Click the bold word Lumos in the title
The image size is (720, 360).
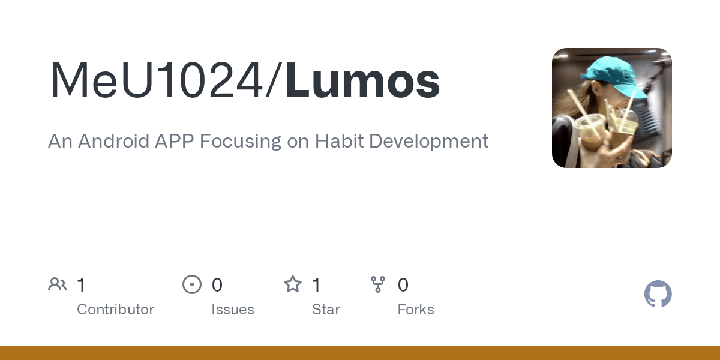(363, 81)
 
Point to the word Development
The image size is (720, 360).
(428, 141)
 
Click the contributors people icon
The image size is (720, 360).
(58, 284)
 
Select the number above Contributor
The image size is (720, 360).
(81, 285)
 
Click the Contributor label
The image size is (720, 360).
(115, 310)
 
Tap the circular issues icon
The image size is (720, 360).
(192, 284)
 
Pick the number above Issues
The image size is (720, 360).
(217, 285)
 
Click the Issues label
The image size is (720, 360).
(233, 310)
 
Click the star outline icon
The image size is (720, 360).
(293, 284)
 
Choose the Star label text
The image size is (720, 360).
(326, 310)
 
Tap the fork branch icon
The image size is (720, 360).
(378, 284)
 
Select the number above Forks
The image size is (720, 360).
(403, 285)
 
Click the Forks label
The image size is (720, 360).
(416, 310)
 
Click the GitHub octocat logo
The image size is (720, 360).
(658, 294)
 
